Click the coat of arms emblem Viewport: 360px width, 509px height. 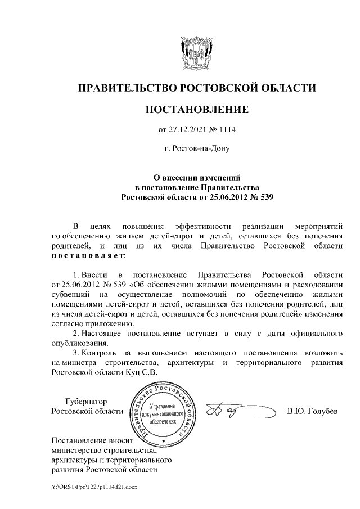196,51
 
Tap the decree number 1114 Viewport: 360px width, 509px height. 227,130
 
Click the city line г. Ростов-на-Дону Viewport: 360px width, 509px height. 196,149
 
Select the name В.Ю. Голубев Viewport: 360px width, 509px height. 312,411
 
